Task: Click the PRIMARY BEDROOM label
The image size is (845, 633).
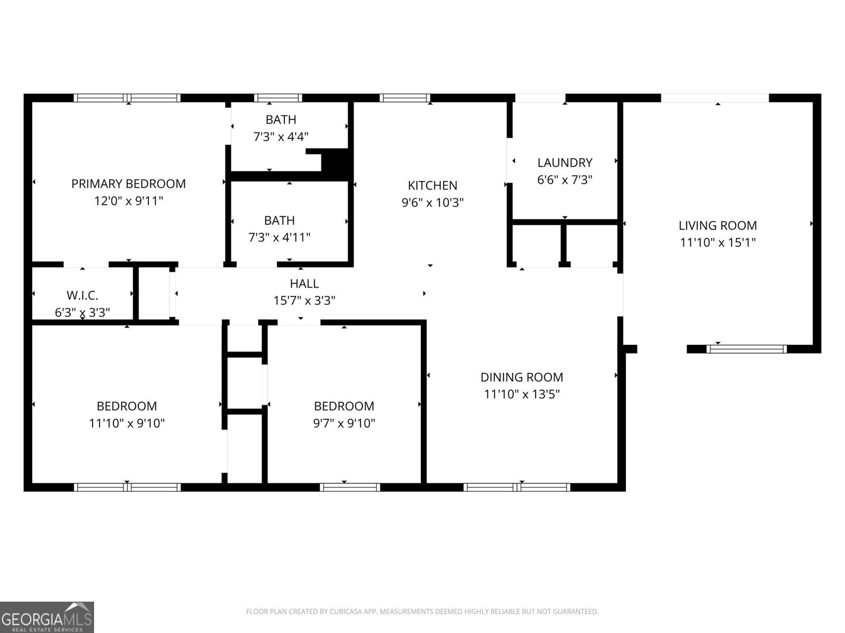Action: click(128, 184)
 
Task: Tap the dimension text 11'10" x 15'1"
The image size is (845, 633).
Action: click(718, 243)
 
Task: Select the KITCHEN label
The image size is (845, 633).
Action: click(433, 185)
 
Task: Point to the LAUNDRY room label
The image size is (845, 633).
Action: click(565, 162)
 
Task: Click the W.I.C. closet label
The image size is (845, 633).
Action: click(82, 295)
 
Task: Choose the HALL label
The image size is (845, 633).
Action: click(304, 283)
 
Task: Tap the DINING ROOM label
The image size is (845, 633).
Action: click(522, 377)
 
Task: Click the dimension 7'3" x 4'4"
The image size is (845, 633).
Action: click(281, 137)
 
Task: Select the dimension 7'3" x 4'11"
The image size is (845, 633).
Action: click(279, 237)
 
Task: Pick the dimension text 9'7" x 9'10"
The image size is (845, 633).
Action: click(344, 423)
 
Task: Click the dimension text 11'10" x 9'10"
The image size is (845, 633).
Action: click(127, 423)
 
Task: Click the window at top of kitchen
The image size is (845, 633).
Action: click(405, 98)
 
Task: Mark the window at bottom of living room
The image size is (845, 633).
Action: click(746, 349)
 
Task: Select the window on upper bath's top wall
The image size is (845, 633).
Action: click(278, 98)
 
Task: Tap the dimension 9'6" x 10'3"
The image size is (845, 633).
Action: click(433, 202)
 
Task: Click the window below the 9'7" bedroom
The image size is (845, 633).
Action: click(350, 487)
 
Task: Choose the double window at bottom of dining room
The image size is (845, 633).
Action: click(517, 487)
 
